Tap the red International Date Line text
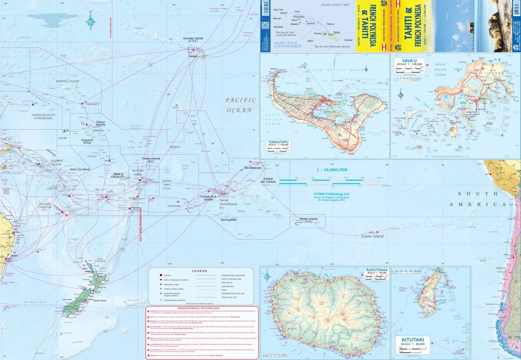coord(140,224)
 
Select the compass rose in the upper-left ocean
coord(91,22)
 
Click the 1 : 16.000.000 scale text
coord(332,170)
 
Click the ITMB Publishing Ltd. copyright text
coord(331,192)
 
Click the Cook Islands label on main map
coord(174,205)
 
